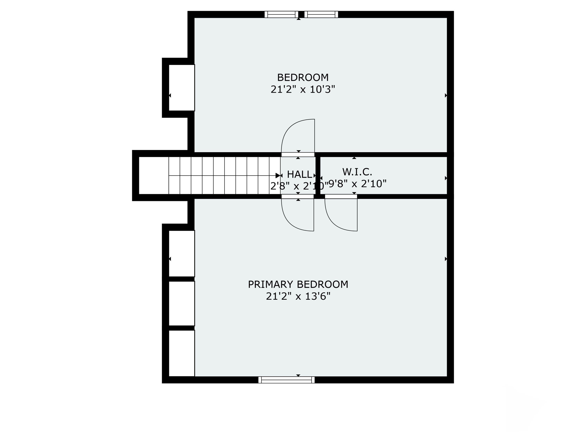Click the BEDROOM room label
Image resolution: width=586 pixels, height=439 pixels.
point(303,77)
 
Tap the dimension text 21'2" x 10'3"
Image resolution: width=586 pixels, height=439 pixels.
point(303,89)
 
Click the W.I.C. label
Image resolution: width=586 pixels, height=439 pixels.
point(357,172)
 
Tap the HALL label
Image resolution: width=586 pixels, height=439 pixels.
point(299,174)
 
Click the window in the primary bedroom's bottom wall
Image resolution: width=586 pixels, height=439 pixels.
point(286,380)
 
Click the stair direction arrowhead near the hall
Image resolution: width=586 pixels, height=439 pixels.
point(278,175)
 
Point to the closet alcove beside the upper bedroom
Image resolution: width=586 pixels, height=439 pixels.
point(182,88)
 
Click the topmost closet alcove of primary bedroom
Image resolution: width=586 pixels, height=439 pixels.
point(182,253)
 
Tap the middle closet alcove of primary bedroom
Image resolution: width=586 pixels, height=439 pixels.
point(182,304)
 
